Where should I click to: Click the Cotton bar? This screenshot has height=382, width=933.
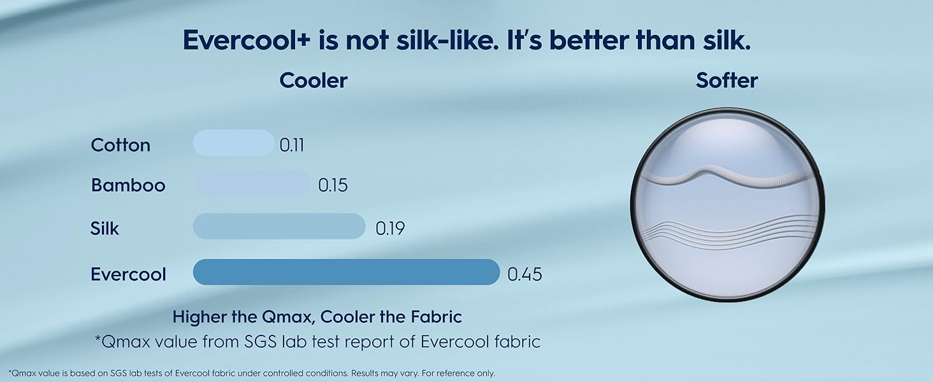click(x=233, y=143)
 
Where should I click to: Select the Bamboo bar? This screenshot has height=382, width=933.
click(x=250, y=183)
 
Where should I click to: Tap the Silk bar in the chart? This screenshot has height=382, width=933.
click(x=278, y=226)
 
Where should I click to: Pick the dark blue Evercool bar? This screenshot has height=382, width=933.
click(x=346, y=272)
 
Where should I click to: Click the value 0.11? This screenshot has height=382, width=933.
click(x=292, y=145)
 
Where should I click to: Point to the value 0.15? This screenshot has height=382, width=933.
click(x=333, y=185)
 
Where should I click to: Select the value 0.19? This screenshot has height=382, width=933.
click(x=390, y=228)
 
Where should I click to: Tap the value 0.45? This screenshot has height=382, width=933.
click(x=524, y=274)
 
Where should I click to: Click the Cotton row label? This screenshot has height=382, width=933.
click(x=120, y=145)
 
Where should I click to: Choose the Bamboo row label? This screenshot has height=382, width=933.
click(x=128, y=185)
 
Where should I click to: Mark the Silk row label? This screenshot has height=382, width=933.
click(x=105, y=228)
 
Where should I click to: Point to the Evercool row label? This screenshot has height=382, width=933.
click(x=128, y=274)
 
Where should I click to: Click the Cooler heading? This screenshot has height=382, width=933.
click(x=314, y=81)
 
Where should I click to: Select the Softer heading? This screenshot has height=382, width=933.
click(x=727, y=81)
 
